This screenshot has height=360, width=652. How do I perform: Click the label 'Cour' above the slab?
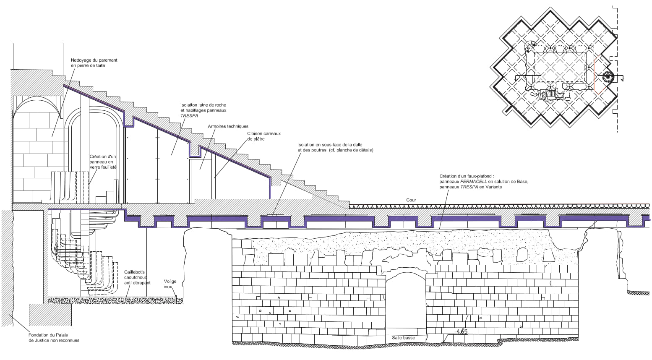(x=411, y=200)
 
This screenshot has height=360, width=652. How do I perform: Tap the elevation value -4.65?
(x=461, y=331)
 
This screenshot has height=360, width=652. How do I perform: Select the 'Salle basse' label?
(x=403, y=338)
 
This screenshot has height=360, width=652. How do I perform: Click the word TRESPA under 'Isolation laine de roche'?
(x=189, y=115)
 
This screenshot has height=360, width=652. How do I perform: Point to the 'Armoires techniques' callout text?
(x=228, y=126)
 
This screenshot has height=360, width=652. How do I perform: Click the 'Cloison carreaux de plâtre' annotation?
(x=263, y=136)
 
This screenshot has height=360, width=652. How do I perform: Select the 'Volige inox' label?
(x=170, y=284)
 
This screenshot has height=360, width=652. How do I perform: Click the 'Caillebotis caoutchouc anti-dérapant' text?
(x=137, y=277)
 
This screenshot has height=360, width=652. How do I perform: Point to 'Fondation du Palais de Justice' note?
(x=54, y=337)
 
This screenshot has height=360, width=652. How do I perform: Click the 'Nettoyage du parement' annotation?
(x=94, y=63)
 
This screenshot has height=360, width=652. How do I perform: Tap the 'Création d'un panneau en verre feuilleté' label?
(x=102, y=162)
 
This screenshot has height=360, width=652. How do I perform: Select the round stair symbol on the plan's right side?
(x=608, y=77)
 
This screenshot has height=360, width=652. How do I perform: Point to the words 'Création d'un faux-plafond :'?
(x=467, y=176)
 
